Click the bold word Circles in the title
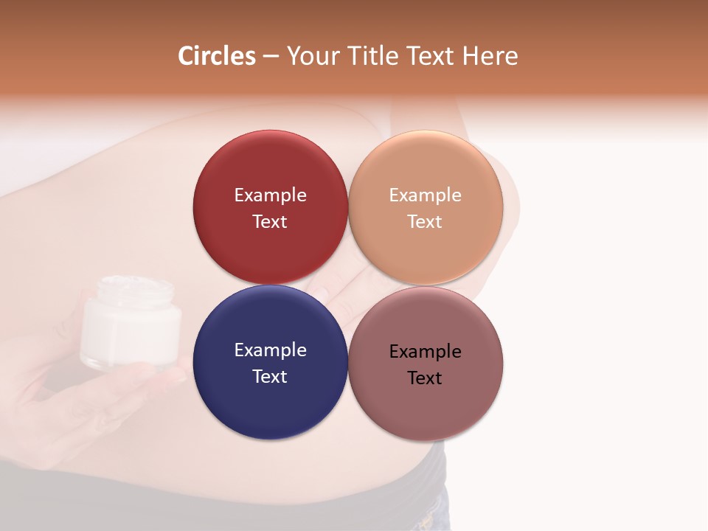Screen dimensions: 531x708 click(217, 56)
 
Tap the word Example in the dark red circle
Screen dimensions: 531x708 click(270, 195)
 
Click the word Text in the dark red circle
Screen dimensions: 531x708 click(270, 222)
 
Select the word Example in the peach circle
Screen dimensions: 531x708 click(426, 195)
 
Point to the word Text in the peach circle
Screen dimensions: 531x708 click(426, 222)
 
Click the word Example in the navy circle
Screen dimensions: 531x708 click(270, 350)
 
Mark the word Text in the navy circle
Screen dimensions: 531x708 click(270, 377)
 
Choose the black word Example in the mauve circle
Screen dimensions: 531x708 click(426, 352)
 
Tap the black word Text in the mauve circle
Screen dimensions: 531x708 click(426, 378)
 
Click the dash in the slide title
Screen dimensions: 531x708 click(271, 57)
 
